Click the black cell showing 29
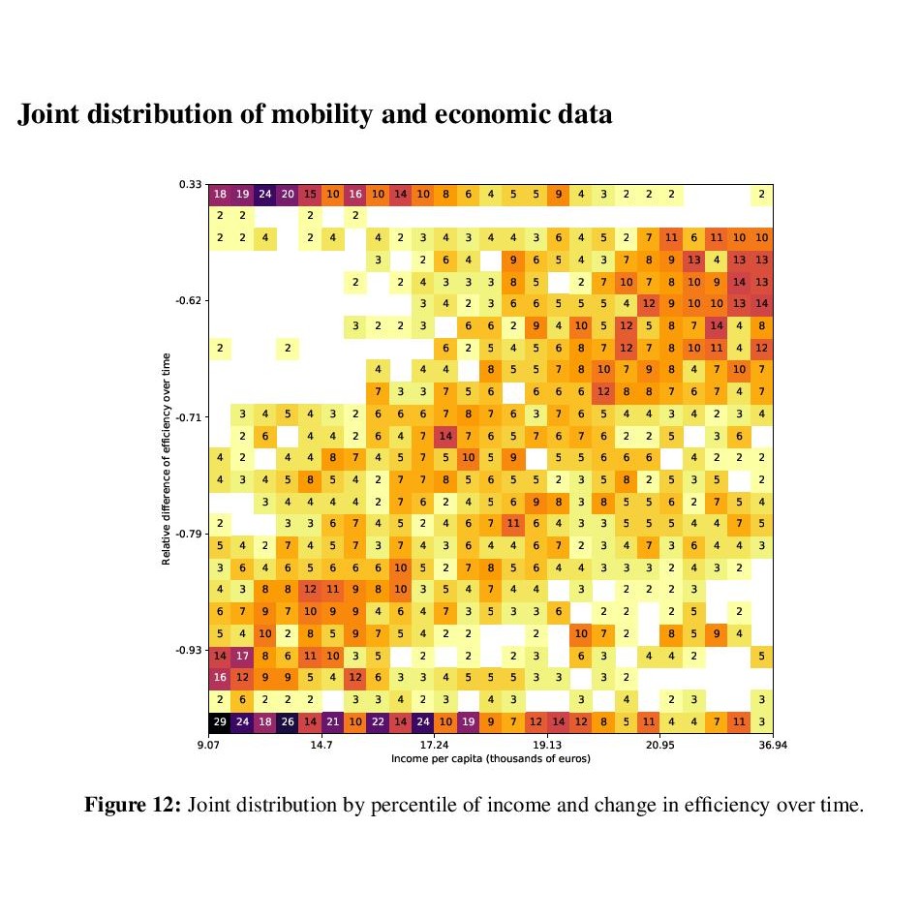coord(219,721)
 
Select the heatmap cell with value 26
coord(287,721)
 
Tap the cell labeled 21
coord(332,721)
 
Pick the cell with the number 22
coord(378,721)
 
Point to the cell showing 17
coord(242,656)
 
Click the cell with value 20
coord(287,194)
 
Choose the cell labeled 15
coord(310,194)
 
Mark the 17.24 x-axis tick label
coord(435,746)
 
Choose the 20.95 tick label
coord(659,746)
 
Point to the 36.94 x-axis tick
coord(772,746)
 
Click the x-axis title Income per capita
coord(490,758)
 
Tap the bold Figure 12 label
coord(134,805)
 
